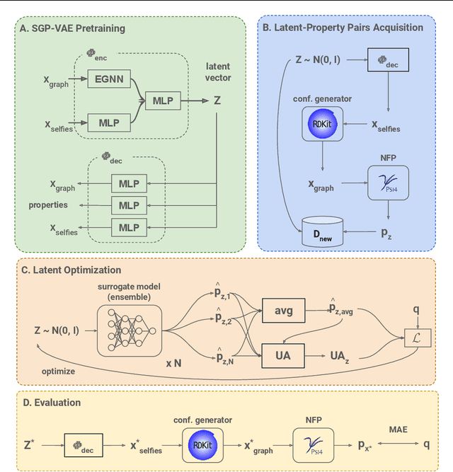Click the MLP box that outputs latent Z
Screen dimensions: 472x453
162,101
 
